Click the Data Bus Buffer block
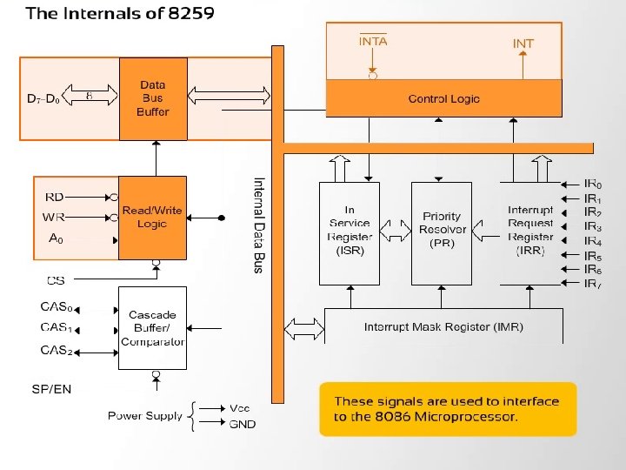click(x=153, y=98)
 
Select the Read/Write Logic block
click(x=152, y=218)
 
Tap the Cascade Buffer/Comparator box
click(x=152, y=328)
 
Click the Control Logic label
click(x=444, y=98)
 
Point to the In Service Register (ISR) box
click(x=350, y=234)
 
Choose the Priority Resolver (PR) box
click(x=442, y=234)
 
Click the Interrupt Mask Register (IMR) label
click(x=443, y=327)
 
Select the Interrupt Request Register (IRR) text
click(x=530, y=230)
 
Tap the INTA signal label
click(x=373, y=41)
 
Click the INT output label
click(x=523, y=44)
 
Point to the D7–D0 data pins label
click(x=43, y=98)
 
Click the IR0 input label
click(x=593, y=184)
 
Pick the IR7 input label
click(x=593, y=284)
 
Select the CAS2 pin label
click(x=57, y=350)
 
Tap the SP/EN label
click(x=51, y=389)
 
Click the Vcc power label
click(x=240, y=408)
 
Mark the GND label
click(x=243, y=424)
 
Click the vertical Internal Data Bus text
click(x=259, y=225)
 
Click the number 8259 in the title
click(x=190, y=13)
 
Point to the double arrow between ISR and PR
click(x=396, y=230)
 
